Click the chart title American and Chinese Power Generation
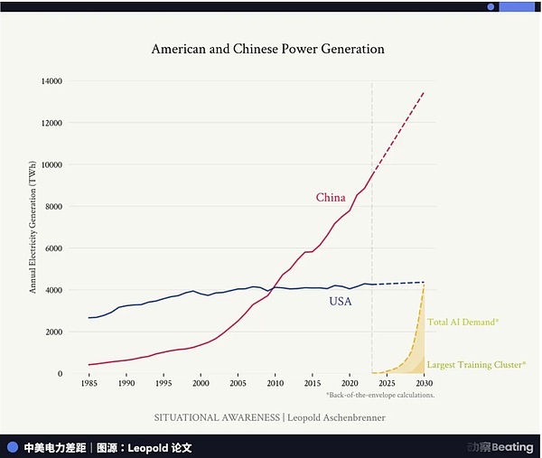click(268, 50)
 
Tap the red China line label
click(331, 198)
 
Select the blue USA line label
click(340, 301)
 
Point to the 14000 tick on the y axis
click(50, 81)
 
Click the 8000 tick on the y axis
click(52, 206)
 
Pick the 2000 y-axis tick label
click(52, 332)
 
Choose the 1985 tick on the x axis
click(88, 384)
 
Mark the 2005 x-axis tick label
click(237, 384)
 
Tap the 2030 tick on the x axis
click(424, 384)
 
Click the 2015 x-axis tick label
click(312, 384)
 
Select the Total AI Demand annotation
click(463, 322)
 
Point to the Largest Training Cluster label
click(476, 364)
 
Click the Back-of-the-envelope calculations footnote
click(379, 396)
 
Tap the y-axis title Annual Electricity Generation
click(33, 225)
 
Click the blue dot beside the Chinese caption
click(13, 447)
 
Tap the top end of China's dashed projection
click(424, 92)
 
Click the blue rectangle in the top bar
click(517, 6)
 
